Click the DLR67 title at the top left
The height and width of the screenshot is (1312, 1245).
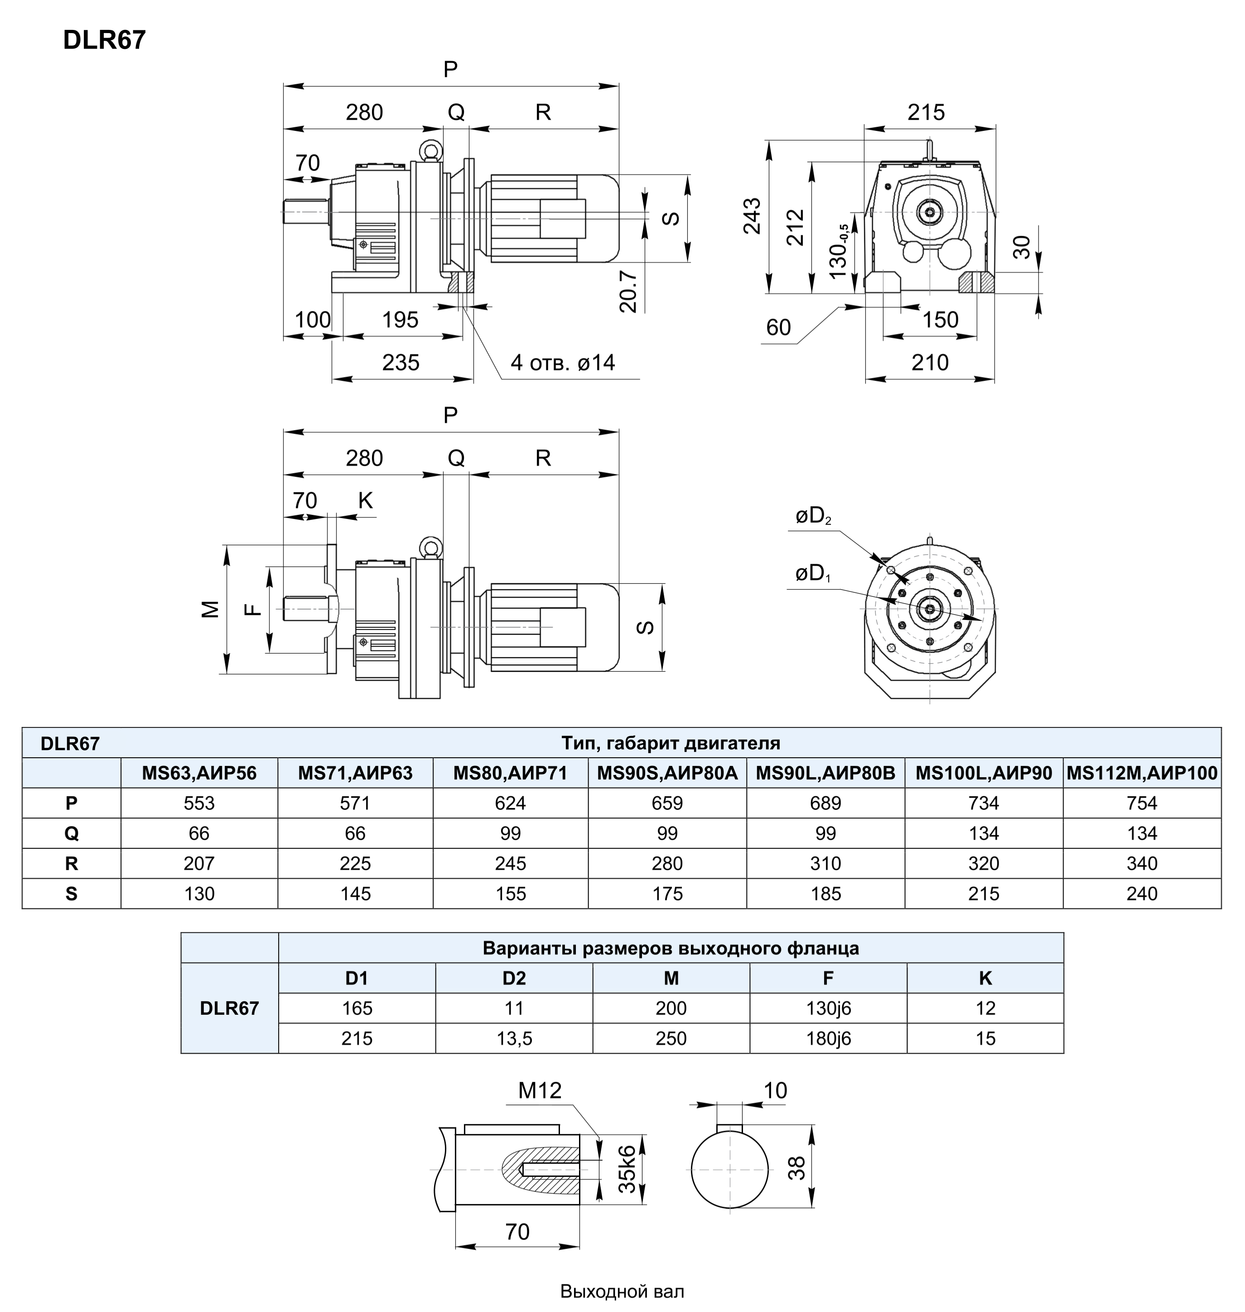coord(104,40)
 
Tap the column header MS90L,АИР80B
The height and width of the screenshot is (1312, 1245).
coord(825,773)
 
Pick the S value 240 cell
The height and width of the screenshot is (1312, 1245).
coord(1141,894)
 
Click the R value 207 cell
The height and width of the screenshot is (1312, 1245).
coord(199,863)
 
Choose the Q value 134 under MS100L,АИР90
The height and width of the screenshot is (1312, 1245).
coord(984,833)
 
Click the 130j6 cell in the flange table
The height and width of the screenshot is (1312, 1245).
coord(828,1008)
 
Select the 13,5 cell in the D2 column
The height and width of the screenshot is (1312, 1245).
coord(514,1038)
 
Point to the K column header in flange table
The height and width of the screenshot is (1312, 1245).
coord(985,978)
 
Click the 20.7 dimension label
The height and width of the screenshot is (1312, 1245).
coord(628,291)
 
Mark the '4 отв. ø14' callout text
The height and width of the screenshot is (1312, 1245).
coord(562,363)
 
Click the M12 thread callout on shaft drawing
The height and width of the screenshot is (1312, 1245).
coord(540,1090)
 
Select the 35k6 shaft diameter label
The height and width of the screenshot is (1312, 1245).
coord(627,1169)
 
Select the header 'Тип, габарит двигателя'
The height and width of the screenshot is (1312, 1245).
coord(670,743)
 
